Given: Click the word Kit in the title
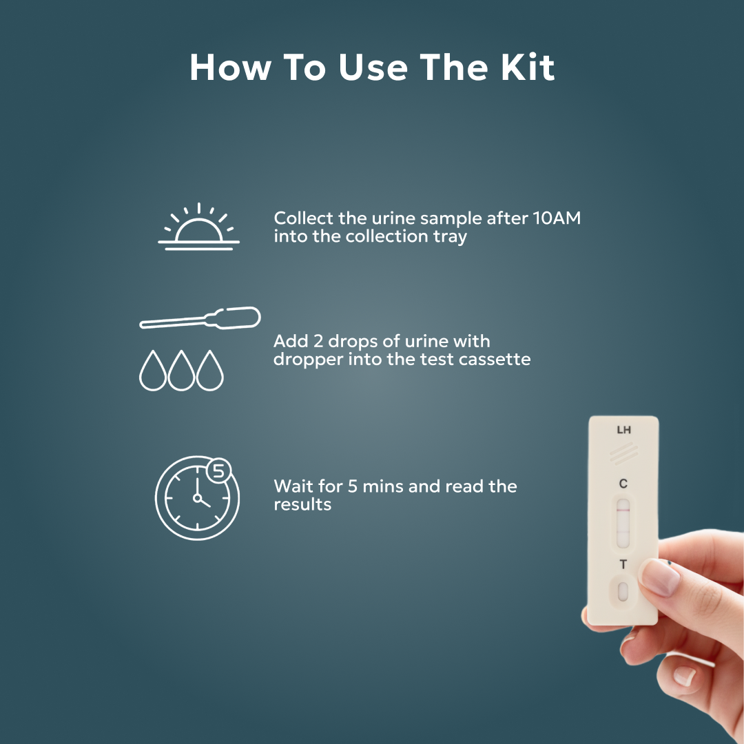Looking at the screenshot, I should (525, 68).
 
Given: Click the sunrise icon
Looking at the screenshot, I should (198, 227).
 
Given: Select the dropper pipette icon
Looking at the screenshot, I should (200, 319).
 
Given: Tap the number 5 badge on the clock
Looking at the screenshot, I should (218, 471).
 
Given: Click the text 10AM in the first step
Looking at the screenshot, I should (557, 218).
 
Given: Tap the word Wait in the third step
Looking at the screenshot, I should (294, 486).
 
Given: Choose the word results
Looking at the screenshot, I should (302, 504).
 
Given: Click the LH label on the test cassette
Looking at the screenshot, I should (623, 431).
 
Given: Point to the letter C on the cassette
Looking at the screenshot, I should (623, 483).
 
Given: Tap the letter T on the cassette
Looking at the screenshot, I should (623, 565).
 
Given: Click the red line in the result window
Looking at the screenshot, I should (623, 513).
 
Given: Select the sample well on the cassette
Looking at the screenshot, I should (623, 591).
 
